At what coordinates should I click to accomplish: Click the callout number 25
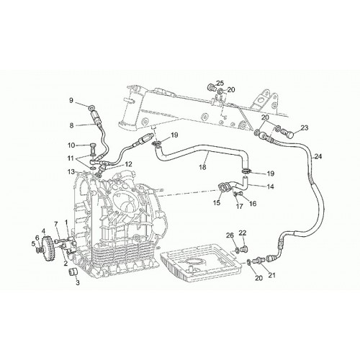[220, 84]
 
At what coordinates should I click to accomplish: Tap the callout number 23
[305, 128]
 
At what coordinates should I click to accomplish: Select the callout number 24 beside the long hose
[318, 156]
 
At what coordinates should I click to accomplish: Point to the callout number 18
[203, 167]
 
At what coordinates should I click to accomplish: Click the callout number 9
[71, 100]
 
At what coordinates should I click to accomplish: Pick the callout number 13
[71, 172]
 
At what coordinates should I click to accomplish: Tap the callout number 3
[78, 283]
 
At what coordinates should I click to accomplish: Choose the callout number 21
[271, 275]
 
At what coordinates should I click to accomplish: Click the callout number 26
[230, 235]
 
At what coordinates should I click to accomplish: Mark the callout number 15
[217, 203]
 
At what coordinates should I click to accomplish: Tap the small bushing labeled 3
[72, 272]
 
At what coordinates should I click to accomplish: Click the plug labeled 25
[212, 87]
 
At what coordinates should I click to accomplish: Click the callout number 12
[129, 164]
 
